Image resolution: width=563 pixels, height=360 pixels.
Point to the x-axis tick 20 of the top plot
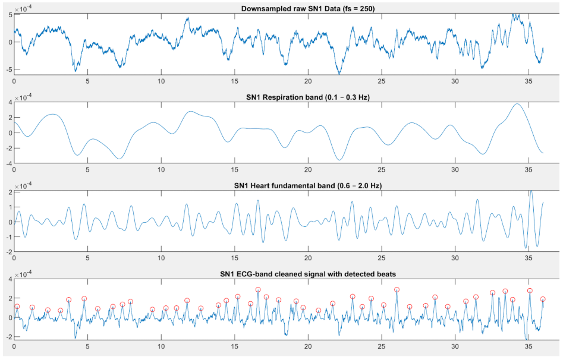click(308, 81)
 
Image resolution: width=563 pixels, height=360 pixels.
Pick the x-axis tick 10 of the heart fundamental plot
click(161, 258)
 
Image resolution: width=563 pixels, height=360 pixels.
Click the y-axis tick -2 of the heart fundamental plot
click(9, 251)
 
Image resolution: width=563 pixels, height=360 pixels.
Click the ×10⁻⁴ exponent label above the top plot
click(24, 8)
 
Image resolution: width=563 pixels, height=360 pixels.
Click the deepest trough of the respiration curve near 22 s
click(339, 160)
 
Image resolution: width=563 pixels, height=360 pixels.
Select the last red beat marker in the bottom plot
click(543, 299)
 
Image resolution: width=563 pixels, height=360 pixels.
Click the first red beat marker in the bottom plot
click(17, 307)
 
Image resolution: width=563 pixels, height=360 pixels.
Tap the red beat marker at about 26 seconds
click(397, 290)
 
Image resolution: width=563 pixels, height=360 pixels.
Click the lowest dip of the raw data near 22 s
click(339, 74)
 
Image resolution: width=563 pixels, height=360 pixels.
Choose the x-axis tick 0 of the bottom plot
click(14, 347)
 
